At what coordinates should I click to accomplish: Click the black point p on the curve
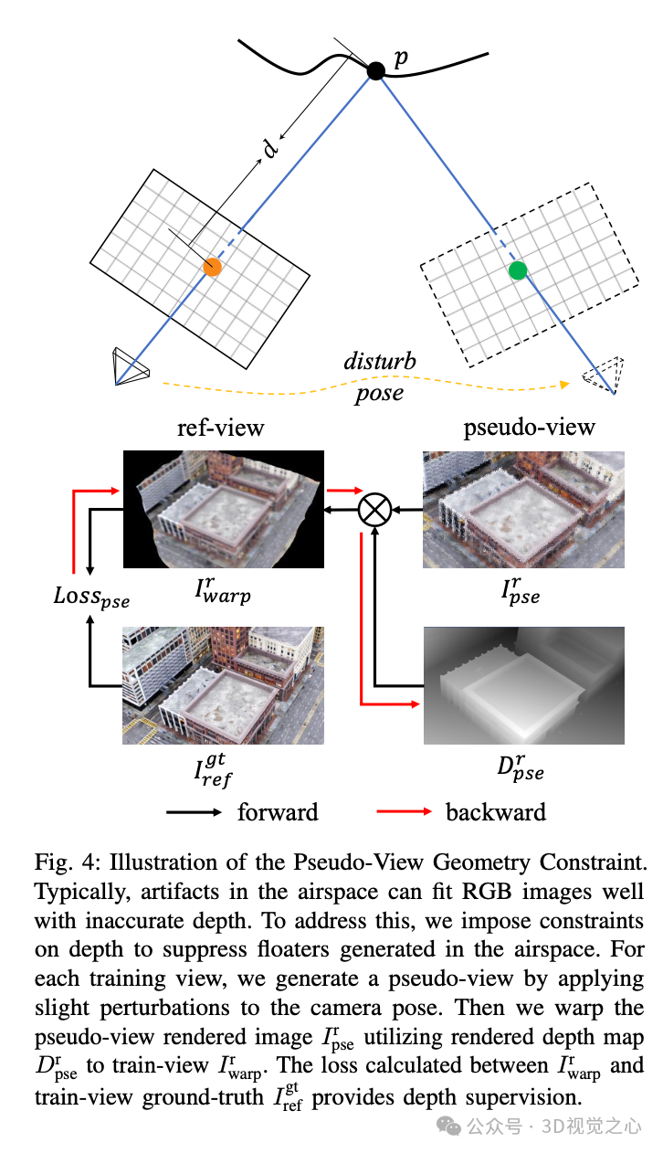375,69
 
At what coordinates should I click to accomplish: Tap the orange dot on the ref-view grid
213,268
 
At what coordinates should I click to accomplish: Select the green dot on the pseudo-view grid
518,270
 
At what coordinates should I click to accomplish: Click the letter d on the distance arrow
270,148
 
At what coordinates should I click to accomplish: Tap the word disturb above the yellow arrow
380,361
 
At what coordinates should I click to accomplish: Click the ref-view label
220,427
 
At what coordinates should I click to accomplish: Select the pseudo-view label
529,427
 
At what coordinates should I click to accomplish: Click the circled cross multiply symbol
374,509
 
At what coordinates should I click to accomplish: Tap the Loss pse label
91,599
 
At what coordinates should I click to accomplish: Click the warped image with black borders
225,510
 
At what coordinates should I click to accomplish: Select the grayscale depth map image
523,686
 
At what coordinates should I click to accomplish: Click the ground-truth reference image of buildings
225,686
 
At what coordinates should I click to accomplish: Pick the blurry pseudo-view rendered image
523,510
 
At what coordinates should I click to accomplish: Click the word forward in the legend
278,811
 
